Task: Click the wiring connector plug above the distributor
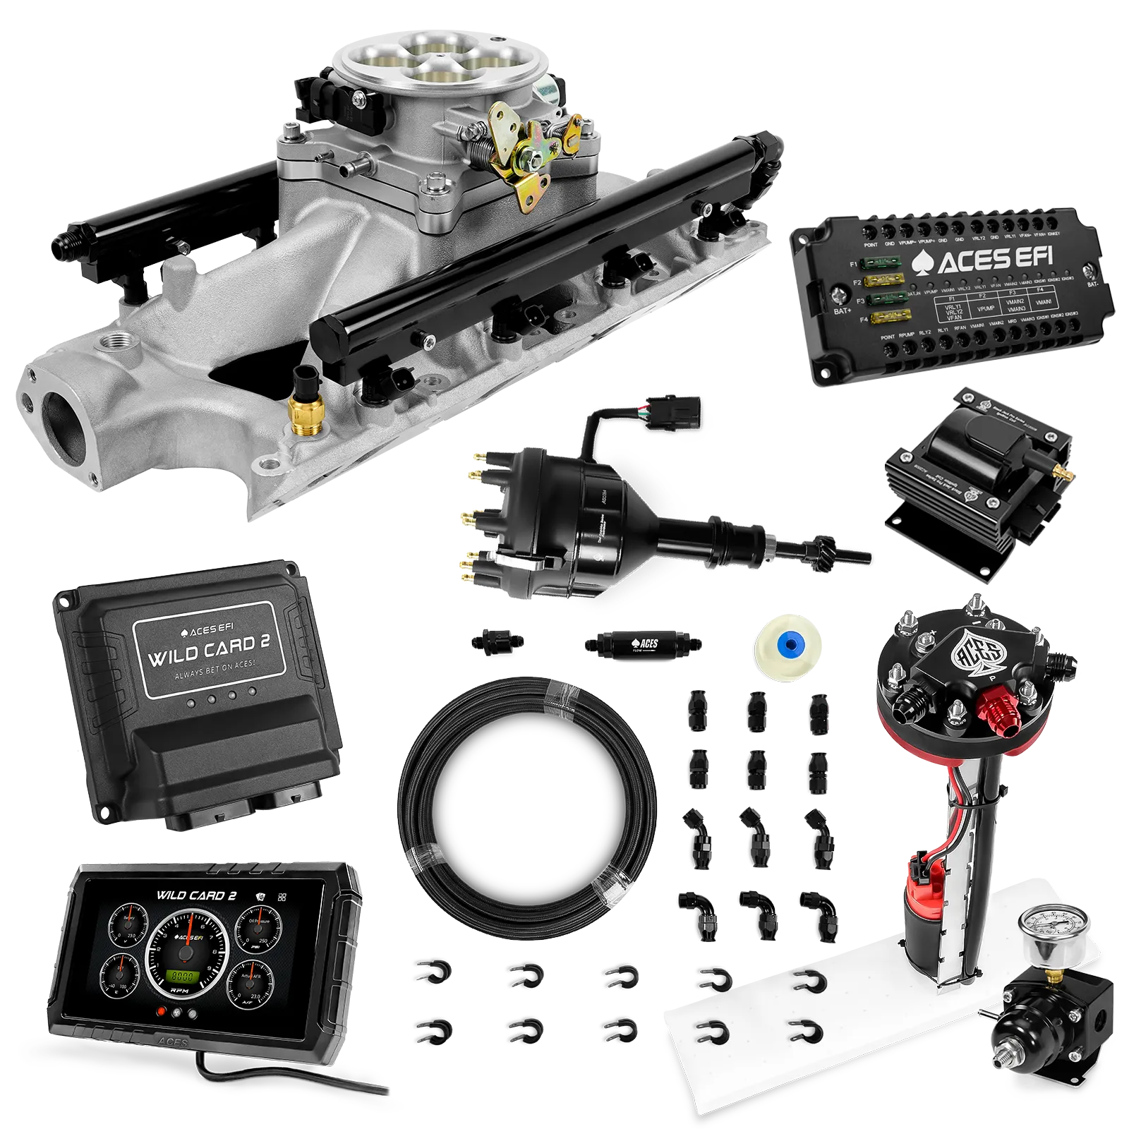pos(679,408)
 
